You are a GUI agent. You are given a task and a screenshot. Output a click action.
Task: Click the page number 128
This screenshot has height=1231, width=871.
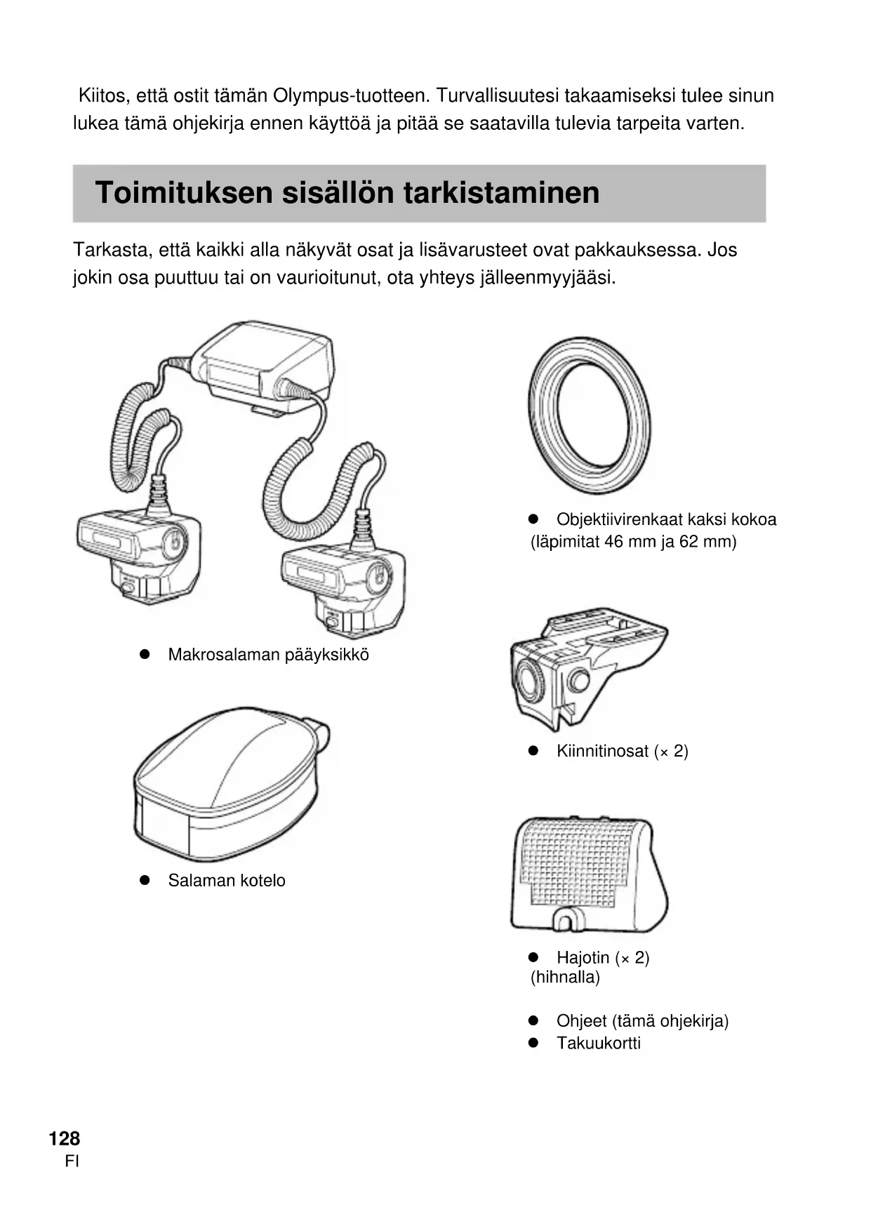click(x=65, y=1138)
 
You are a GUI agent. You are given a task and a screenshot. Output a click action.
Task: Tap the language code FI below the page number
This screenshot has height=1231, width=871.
click(x=72, y=1162)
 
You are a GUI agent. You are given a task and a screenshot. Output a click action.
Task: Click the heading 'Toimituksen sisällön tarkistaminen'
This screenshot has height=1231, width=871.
click(x=347, y=193)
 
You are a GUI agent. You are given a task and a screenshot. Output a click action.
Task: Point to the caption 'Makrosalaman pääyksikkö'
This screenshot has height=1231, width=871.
click(x=268, y=655)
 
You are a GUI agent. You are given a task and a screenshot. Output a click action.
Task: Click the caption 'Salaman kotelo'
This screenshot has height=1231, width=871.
click(x=227, y=881)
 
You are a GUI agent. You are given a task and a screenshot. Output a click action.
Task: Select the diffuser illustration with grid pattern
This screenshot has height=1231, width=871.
click(x=587, y=874)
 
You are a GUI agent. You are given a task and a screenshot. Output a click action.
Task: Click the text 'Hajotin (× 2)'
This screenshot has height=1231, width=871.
click(x=602, y=958)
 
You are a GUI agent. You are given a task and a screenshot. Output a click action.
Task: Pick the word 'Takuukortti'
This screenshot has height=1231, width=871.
click(x=598, y=1043)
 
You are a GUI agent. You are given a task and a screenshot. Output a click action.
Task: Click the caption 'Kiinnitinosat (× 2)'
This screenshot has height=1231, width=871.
click(x=622, y=752)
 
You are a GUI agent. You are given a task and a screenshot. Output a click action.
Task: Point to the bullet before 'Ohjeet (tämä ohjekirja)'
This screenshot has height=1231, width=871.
click(x=533, y=1020)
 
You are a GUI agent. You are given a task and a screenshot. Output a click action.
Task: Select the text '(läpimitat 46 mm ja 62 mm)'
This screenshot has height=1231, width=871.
click(x=633, y=542)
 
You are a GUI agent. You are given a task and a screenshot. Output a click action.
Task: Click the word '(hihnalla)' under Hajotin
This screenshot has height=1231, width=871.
click(x=565, y=977)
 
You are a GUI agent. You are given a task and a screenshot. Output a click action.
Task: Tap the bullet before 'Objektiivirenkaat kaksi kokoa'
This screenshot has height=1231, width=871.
click(x=533, y=519)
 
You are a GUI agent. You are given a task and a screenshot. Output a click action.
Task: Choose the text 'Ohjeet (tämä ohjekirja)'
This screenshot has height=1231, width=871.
click(x=642, y=1021)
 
